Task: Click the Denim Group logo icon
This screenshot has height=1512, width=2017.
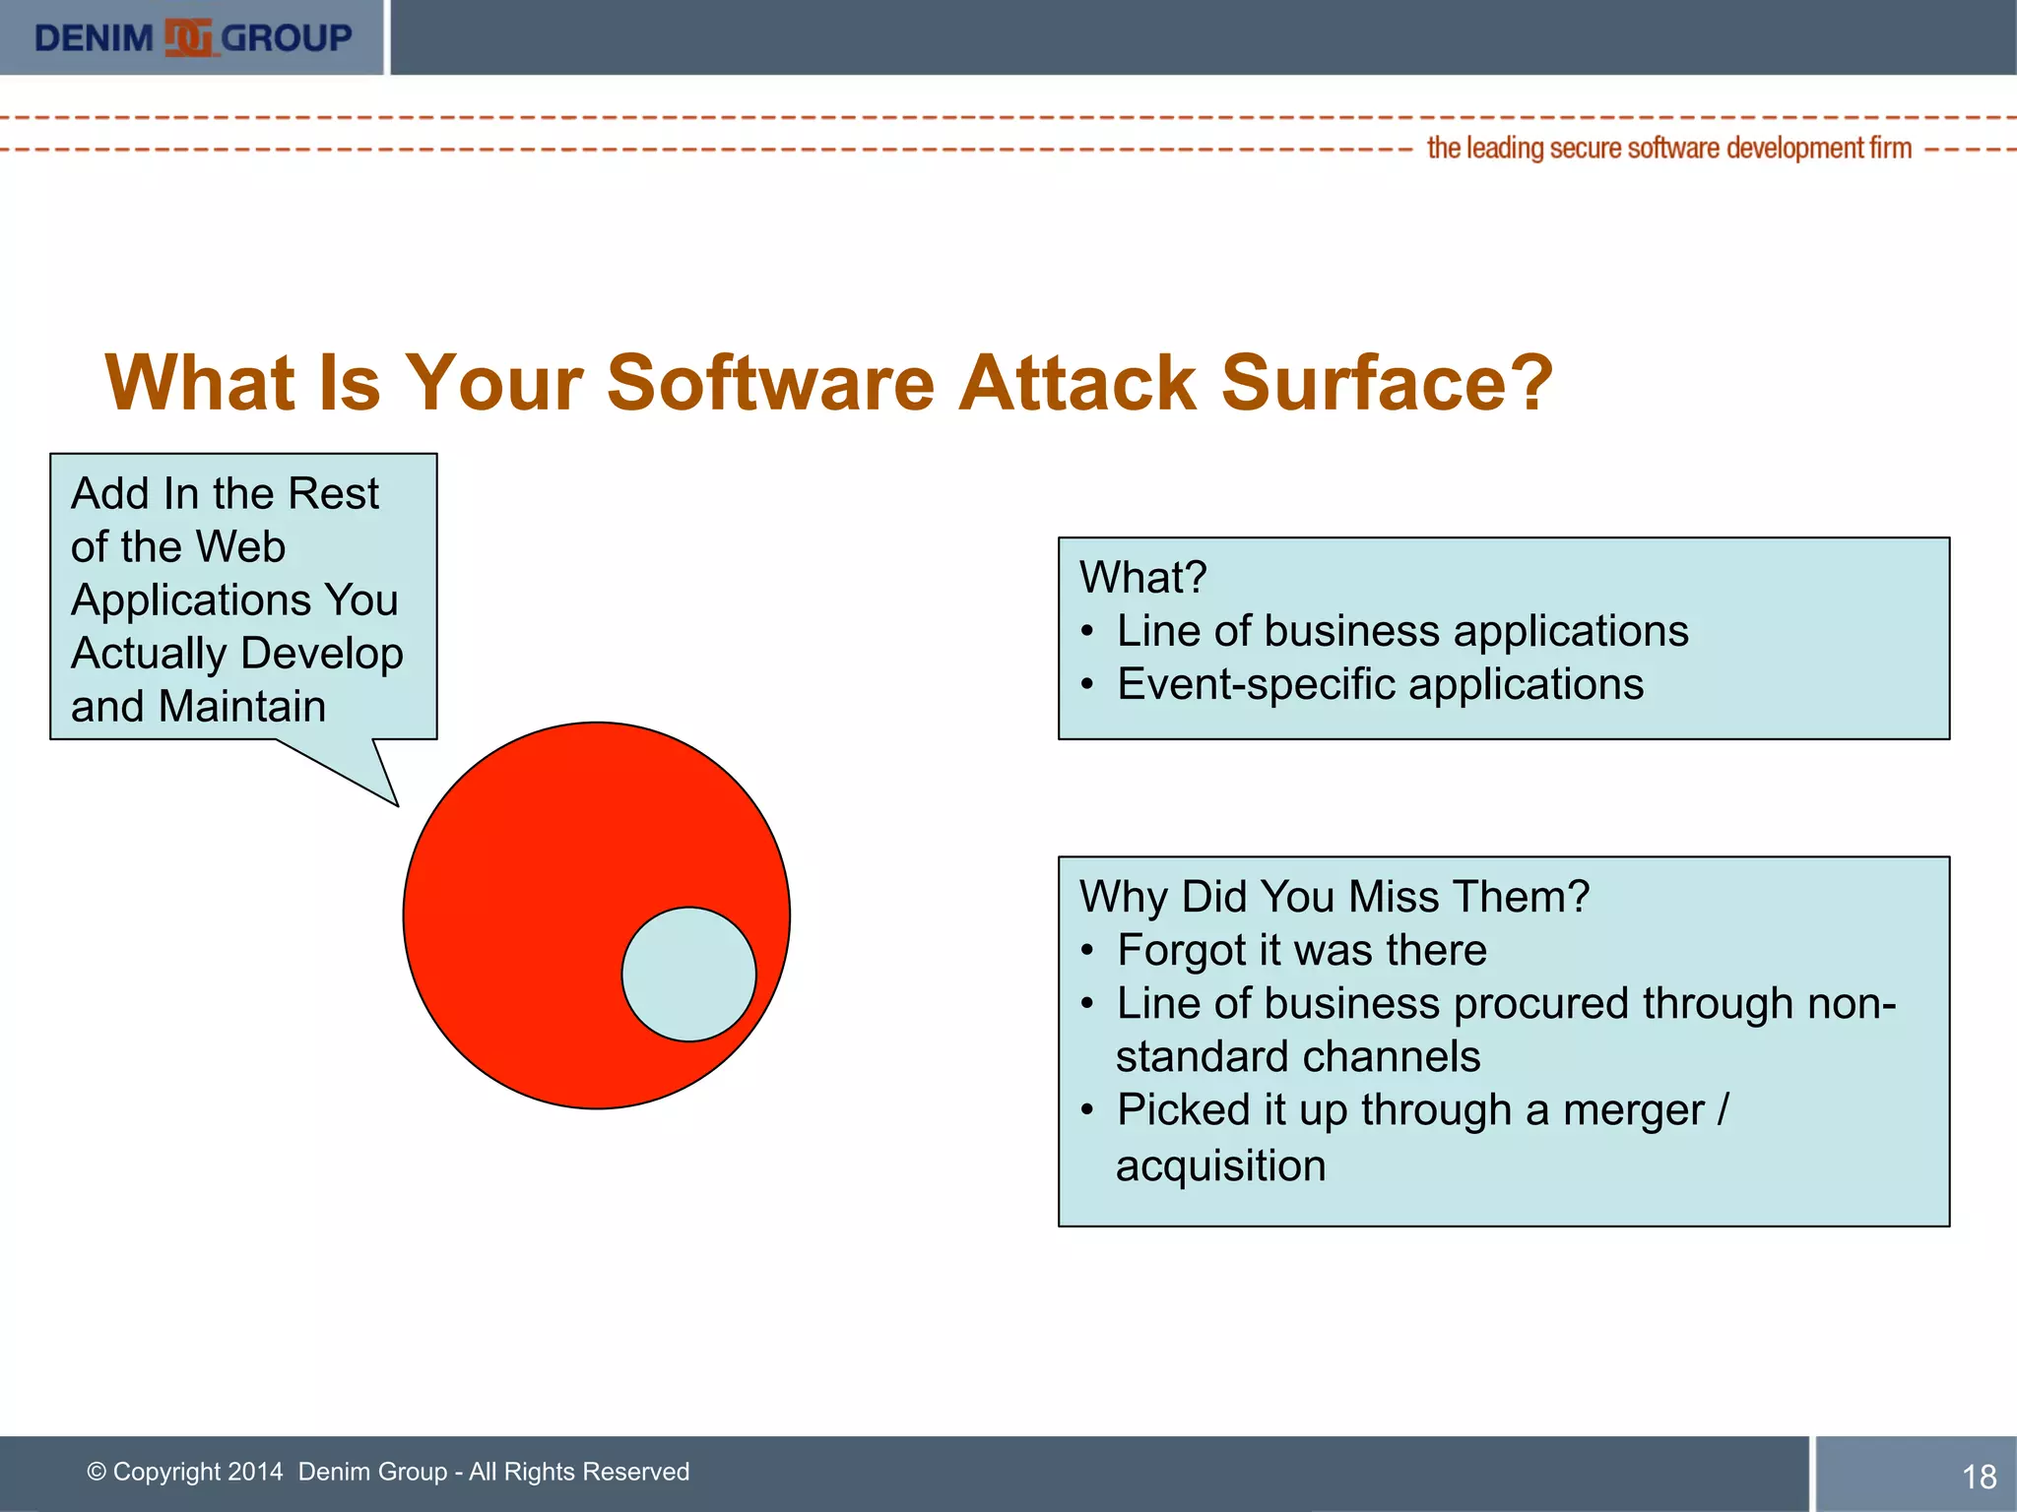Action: [187, 37]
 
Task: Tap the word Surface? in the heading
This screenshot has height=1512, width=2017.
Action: [1387, 383]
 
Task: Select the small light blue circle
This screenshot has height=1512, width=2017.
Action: [688, 974]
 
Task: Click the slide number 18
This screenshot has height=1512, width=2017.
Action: [1979, 1476]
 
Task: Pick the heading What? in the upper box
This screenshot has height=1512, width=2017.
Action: [1142, 577]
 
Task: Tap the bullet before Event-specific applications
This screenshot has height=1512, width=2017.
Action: [1086, 684]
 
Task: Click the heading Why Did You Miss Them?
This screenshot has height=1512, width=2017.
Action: [1334, 897]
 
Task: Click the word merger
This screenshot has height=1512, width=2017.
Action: [1633, 1110]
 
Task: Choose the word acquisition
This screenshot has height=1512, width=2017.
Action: [1220, 1165]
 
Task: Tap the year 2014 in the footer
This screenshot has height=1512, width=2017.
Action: [254, 1472]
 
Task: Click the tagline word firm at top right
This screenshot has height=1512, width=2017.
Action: [1890, 148]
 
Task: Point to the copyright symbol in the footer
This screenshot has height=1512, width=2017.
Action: [97, 1472]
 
